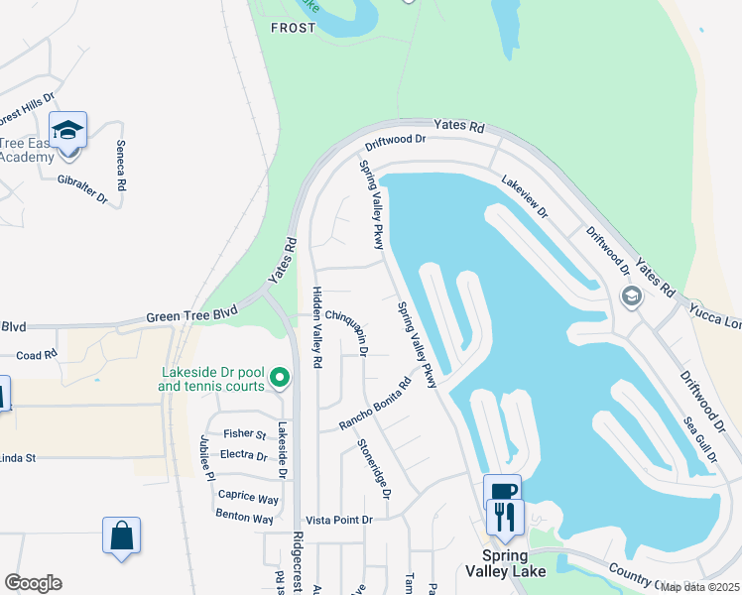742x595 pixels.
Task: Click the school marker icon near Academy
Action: pyautogui.click(x=67, y=132)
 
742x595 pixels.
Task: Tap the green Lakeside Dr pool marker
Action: pyautogui.click(x=280, y=377)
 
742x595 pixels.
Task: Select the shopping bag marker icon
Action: pyautogui.click(x=121, y=536)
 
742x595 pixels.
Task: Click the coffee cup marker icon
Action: pyautogui.click(x=502, y=491)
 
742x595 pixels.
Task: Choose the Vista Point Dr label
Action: pyautogui.click(x=339, y=520)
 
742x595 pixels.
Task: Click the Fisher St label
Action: pyautogui.click(x=245, y=434)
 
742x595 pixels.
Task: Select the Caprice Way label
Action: pyautogui.click(x=248, y=497)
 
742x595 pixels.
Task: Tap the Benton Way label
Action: pyautogui.click(x=245, y=519)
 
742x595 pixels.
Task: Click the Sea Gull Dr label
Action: pyautogui.click(x=699, y=440)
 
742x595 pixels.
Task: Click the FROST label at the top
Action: pyautogui.click(x=293, y=28)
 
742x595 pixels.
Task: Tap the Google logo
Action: pyautogui.click(x=33, y=583)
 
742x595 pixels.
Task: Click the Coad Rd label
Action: pyautogui.click(x=37, y=355)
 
